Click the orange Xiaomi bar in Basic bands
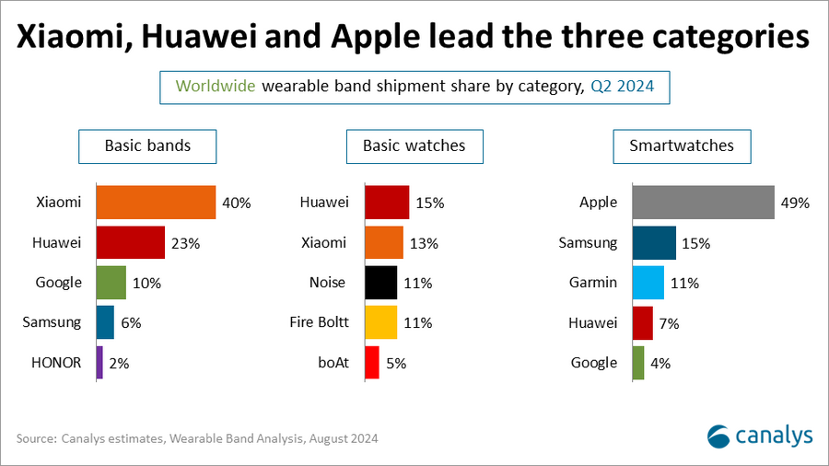(156, 202)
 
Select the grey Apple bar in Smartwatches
(703, 203)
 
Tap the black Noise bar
(381, 283)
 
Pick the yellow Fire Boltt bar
(381, 322)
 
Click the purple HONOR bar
(99, 362)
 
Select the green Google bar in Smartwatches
(638, 362)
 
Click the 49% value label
(794, 203)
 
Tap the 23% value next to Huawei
(185, 243)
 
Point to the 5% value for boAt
(395, 363)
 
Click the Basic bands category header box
(147, 146)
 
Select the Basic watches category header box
(414, 146)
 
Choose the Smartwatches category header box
(682, 146)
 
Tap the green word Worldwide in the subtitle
(216, 87)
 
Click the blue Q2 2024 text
(622, 87)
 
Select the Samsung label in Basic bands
(54, 322)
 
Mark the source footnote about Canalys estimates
(197, 438)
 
